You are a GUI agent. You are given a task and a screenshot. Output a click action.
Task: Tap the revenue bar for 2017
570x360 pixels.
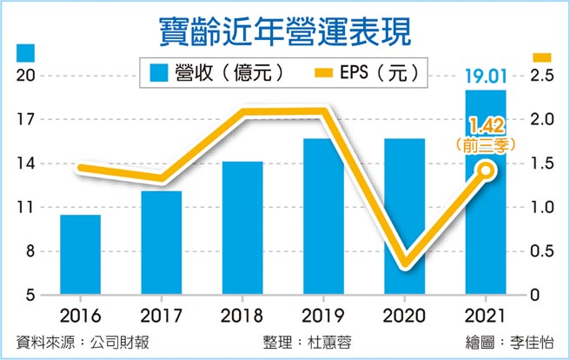[161, 243]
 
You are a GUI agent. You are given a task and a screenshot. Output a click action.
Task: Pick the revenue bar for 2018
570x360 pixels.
[242, 228]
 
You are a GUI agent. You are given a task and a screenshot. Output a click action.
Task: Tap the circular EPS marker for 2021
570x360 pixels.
[487, 170]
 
